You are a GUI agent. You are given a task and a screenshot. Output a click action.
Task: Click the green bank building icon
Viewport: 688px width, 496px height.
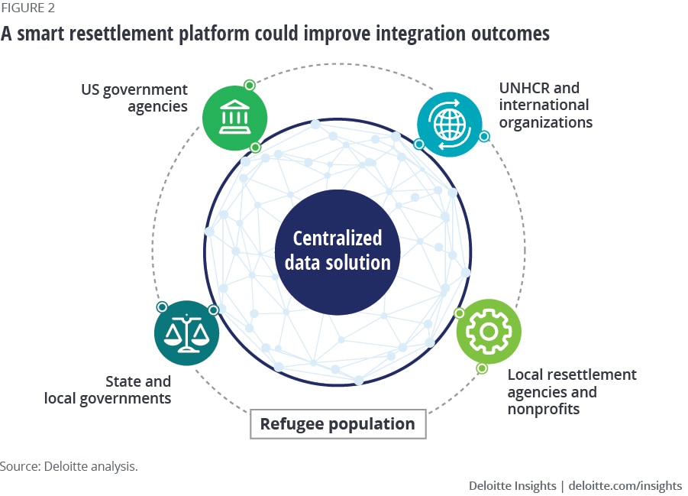pyautogui.click(x=234, y=118)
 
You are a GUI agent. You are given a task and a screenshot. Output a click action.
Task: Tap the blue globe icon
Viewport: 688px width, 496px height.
pyautogui.click(x=449, y=125)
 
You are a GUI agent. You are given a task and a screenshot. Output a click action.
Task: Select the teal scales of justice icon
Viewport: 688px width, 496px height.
pyautogui.click(x=186, y=333)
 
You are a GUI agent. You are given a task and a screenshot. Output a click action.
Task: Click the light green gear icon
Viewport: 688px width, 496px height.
pyautogui.click(x=489, y=331)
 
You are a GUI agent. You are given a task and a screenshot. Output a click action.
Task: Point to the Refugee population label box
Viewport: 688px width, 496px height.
pyautogui.click(x=338, y=423)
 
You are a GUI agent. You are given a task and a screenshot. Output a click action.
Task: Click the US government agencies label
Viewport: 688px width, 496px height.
pyautogui.click(x=134, y=99)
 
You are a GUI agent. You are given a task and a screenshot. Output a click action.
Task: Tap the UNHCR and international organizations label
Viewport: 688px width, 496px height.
pyautogui.click(x=544, y=105)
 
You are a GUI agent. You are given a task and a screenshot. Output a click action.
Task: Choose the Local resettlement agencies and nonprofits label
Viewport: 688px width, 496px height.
pyautogui.click(x=571, y=392)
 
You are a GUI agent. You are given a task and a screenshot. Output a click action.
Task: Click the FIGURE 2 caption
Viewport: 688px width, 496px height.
pyautogui.click(x=27, y=9)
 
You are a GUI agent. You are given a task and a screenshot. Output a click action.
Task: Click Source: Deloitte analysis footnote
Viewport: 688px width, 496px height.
pyautogui.click(x=69, y=466)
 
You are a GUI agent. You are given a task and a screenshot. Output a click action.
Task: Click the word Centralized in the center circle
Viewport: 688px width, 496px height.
pyautogui.click(x=338, y=238)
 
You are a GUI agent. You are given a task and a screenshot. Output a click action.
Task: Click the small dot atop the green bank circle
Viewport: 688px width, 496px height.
pyautogui.click(x=249, y=85)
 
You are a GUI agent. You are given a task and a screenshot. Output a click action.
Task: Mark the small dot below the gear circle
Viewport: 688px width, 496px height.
pyautogui.click(x=482, y=368)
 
